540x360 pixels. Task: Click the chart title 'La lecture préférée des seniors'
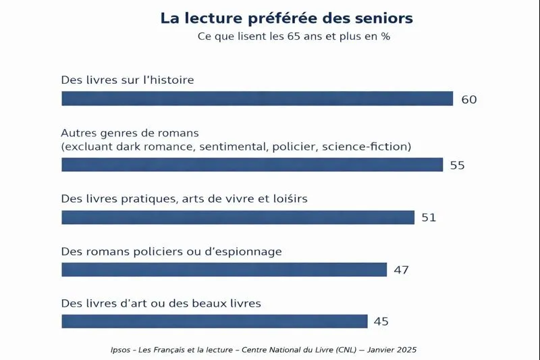(x=286, y=18)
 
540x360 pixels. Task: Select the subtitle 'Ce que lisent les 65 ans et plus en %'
(x=294, y=36)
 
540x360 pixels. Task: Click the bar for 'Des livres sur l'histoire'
(x=257, y=99)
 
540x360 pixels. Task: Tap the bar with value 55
(x=252, y=165)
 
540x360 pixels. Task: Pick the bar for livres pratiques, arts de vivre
(x=238, y=217)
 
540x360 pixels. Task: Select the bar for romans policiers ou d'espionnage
(x=224, y=269)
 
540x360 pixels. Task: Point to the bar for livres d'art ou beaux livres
(x=215, y=322)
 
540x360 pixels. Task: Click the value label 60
(x=469, y=99)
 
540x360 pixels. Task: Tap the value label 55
(x=457, y=165)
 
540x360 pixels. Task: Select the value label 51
(x=429, y=217)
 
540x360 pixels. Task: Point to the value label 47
(x=402, y=270)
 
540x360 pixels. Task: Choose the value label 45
(x=381, y=322)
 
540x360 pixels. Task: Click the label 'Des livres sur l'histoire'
(x=128, y=80)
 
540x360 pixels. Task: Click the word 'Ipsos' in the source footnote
(x=121, y=350)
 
